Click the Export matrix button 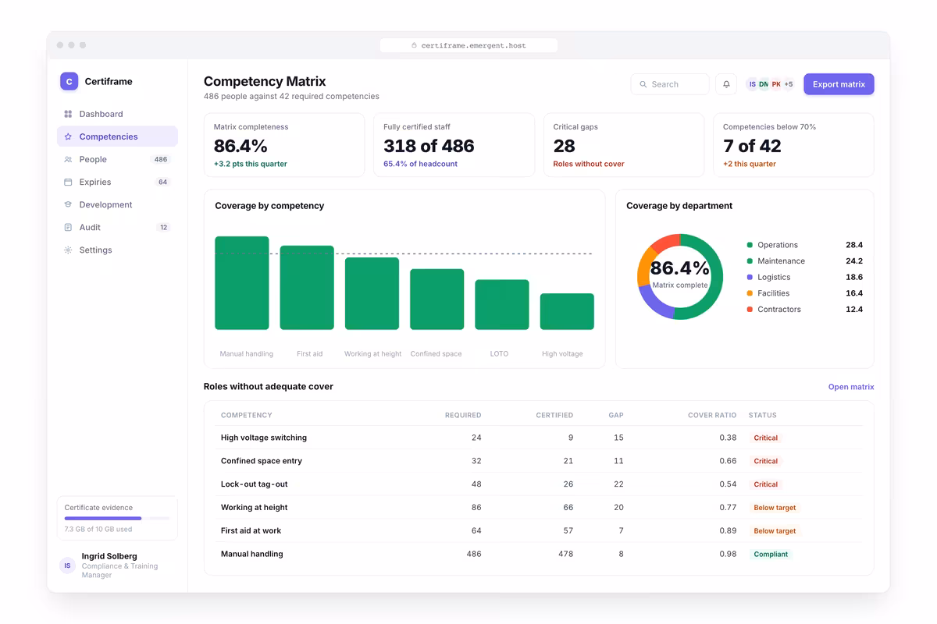839,84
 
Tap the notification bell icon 726,84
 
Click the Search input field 670,84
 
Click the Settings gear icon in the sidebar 68,250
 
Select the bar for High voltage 567,311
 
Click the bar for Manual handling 242,283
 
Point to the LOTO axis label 499,353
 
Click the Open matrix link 851,387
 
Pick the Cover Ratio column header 712,415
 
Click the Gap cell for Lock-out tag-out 618,484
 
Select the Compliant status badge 771,554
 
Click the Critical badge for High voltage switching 765,438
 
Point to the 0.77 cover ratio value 728,508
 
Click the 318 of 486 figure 429,146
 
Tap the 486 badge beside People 161,159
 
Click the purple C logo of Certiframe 69,81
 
